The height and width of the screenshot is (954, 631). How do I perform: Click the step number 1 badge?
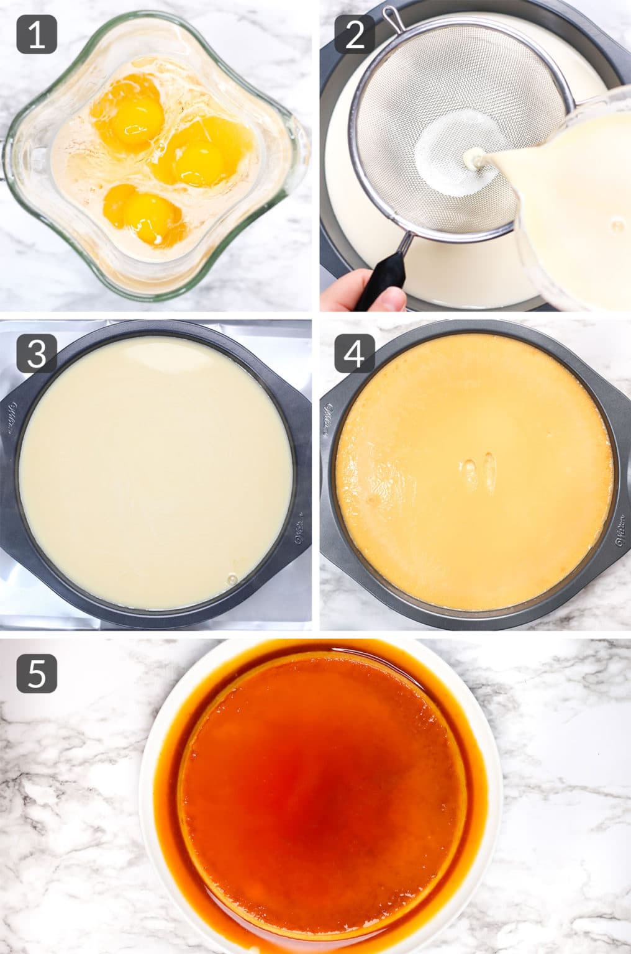[x=37, y=34]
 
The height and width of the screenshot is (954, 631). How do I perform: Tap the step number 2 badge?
[x=355, y=34]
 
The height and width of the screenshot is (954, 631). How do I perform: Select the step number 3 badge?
[x=37, y=353]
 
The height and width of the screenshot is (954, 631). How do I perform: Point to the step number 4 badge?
[x=355, y=353]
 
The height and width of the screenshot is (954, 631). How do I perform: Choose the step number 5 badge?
[x=37, y=673]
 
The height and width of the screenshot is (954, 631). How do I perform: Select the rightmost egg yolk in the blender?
[x=197, y=158]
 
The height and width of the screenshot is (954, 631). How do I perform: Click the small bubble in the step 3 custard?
[x=233, y=579]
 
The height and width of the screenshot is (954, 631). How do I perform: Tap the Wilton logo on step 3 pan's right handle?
[x=300, y=528]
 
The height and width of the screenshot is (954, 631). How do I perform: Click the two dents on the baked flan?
[x=479, y=472]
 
